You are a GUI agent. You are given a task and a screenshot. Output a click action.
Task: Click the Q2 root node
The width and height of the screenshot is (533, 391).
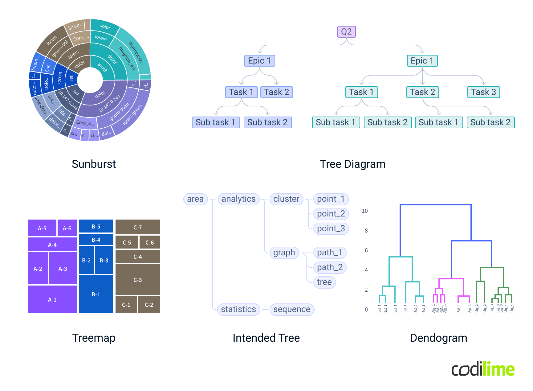[x=346, y=32]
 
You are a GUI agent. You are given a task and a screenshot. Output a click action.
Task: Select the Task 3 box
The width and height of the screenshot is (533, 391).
[x=483, y=92]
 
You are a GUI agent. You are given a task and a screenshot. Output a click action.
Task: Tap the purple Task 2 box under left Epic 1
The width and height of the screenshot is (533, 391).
[x=276, y=92]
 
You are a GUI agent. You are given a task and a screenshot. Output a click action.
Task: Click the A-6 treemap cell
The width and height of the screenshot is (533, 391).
[x=67, y=228]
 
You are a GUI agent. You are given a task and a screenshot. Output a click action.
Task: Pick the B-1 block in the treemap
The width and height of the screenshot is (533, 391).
[x=96, y=294]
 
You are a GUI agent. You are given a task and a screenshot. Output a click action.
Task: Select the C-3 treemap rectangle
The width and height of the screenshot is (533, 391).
[x=137, y=280]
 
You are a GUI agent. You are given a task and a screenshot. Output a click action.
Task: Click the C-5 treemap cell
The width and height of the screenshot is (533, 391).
[x=127, y=242]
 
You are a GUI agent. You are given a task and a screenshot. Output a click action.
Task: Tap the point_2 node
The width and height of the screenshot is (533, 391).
[x=331, y=214]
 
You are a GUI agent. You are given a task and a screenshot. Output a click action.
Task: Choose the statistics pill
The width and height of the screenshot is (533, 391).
[x=238, y=309]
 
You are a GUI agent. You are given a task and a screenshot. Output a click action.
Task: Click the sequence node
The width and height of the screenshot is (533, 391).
[x=292, y=309]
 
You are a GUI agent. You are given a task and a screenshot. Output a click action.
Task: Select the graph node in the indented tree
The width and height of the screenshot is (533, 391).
[x=284, y=253]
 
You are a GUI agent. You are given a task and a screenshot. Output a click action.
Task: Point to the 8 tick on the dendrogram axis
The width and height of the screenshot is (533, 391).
[x=366, y=230]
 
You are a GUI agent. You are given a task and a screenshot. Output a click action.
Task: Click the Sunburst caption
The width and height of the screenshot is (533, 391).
[x=94, y=164]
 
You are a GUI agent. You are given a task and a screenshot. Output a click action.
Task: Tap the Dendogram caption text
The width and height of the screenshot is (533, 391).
[x=438, y=338]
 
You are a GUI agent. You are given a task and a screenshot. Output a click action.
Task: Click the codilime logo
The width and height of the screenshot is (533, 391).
[x=483, y=369]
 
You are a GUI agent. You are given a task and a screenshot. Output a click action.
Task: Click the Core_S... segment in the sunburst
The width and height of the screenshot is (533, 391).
[x=85, y=123]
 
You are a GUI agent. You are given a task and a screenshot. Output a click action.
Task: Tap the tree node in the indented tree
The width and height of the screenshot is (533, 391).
[x=324, y=282]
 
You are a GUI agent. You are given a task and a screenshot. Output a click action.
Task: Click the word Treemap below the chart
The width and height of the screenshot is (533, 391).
[x=94, y=338]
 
